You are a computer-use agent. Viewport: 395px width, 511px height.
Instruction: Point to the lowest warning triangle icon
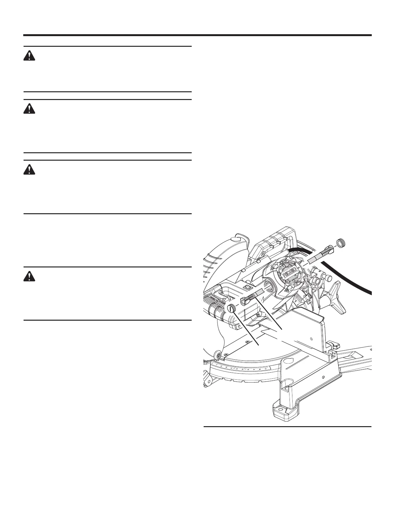pos(29,276)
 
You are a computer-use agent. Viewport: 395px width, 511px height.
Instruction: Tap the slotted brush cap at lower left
pos(232,308)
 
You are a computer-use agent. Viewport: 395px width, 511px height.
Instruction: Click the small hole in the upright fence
pos(311,338)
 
